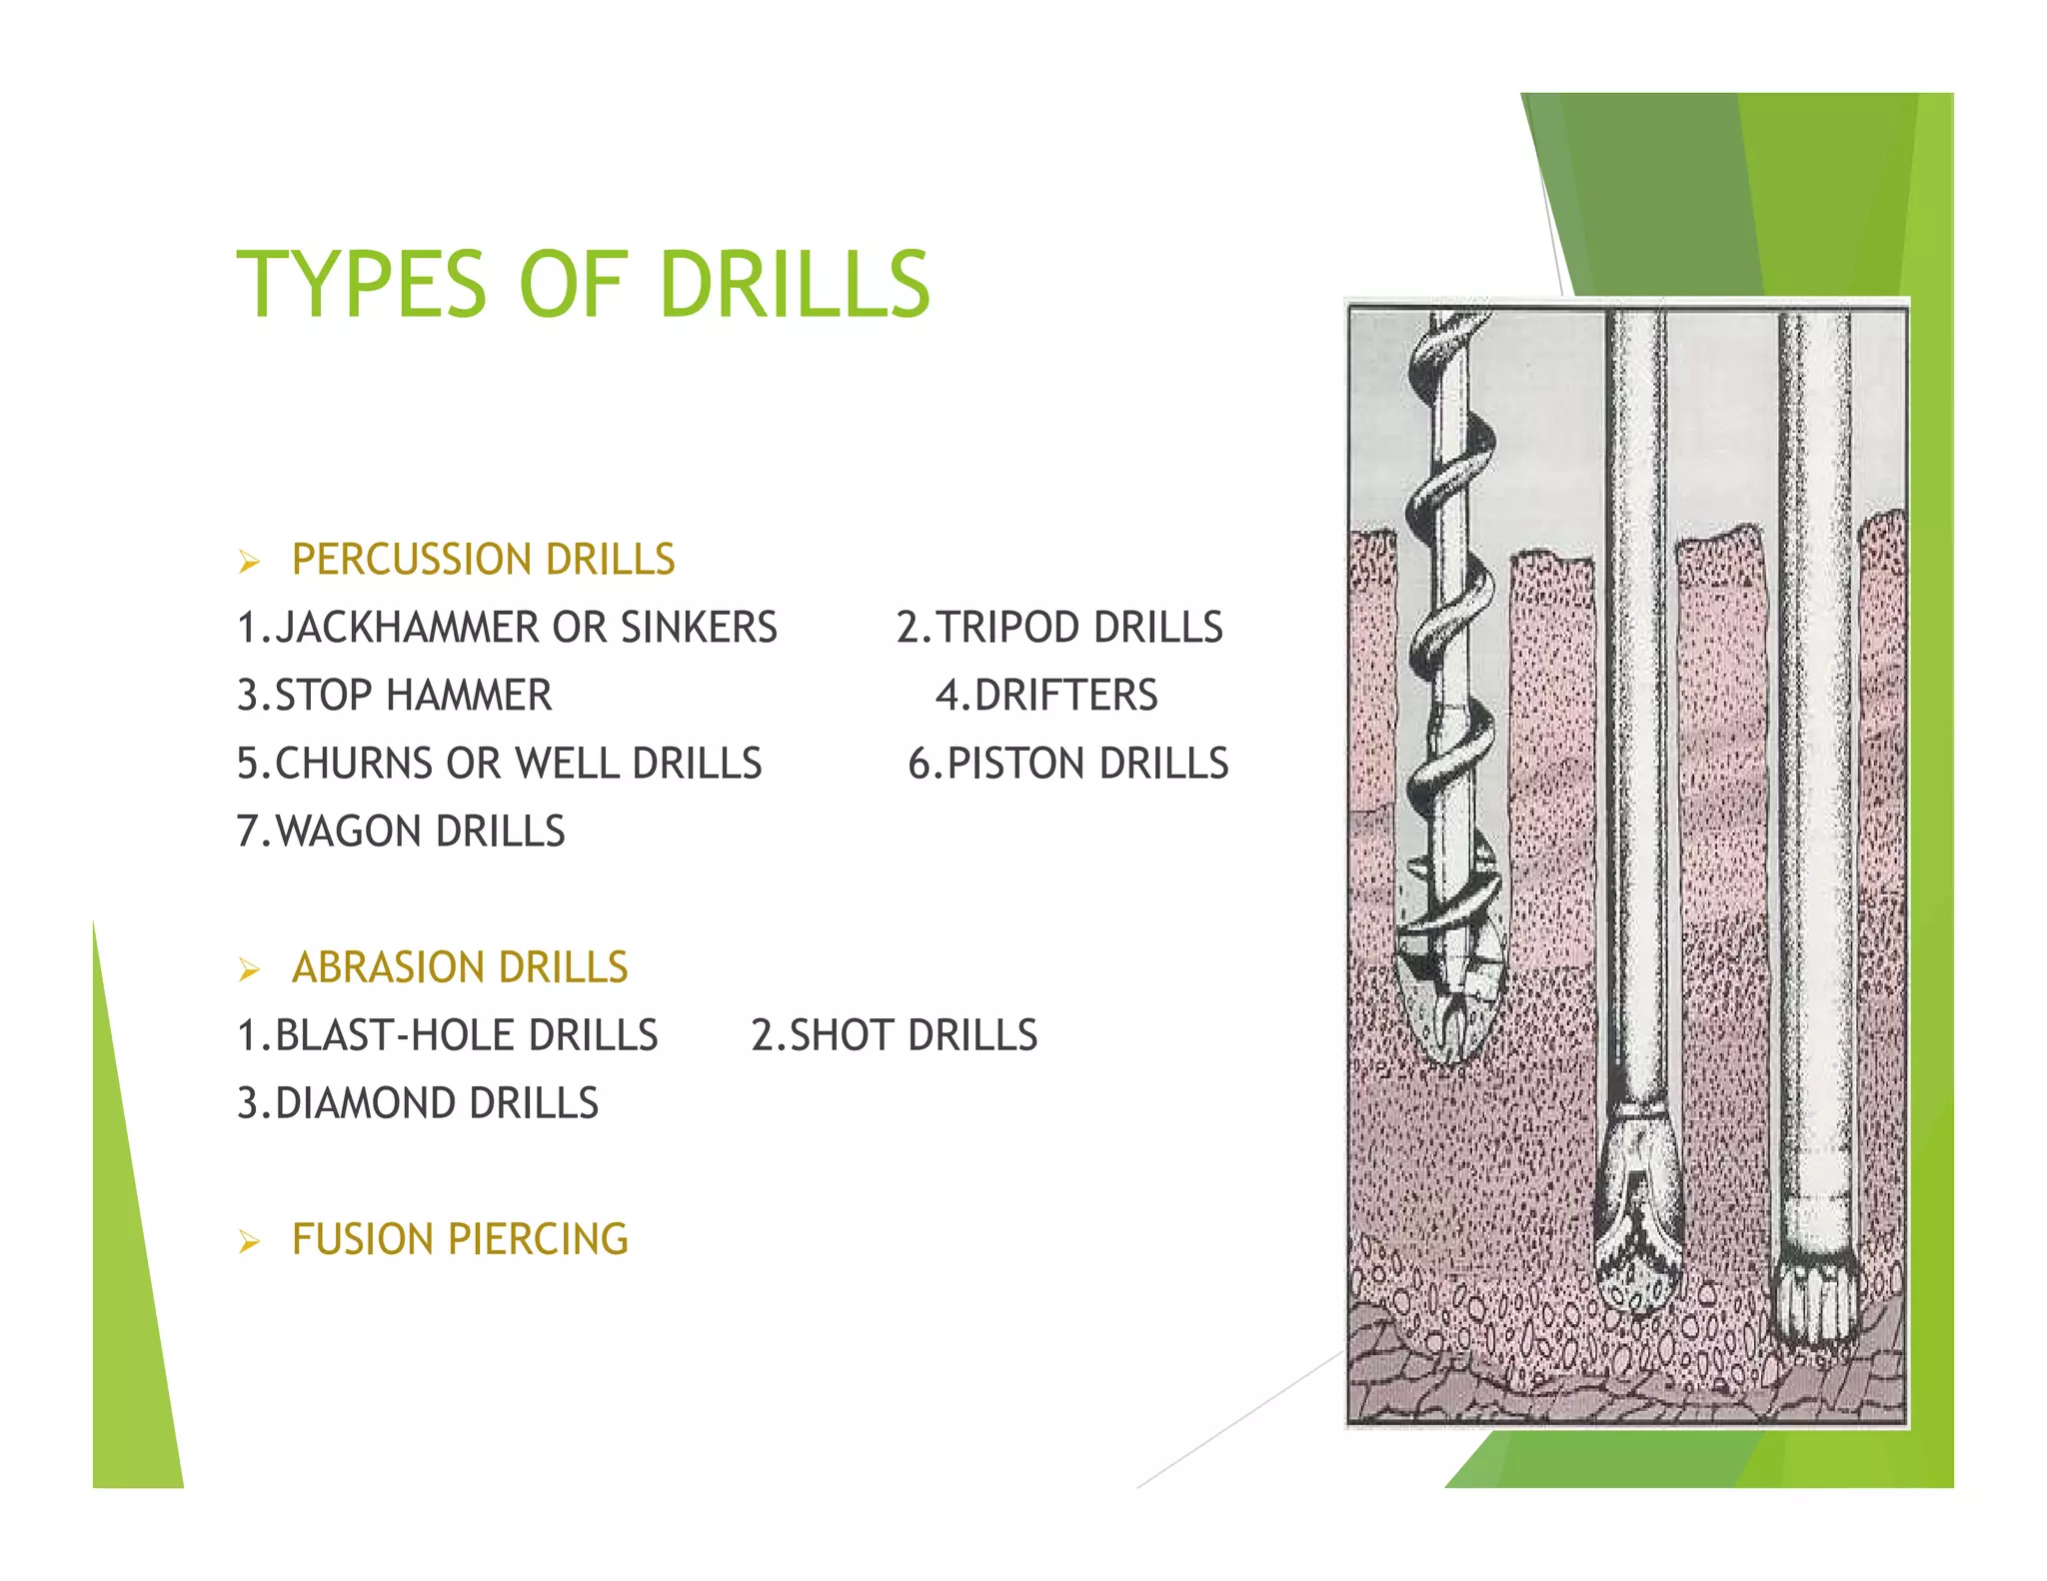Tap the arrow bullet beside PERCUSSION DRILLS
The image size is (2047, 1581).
point(249,562)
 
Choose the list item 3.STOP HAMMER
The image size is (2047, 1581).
point(394,696)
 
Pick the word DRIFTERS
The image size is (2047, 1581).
point(1065,696)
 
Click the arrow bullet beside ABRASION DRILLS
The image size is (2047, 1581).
point(249,969)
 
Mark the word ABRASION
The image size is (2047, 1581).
point(389,967)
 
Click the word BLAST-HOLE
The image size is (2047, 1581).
point(396,1035)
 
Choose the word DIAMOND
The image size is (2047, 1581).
point(365,1103)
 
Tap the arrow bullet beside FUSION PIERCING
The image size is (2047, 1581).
point(249,1242)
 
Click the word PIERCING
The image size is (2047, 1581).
point(538,1239)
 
